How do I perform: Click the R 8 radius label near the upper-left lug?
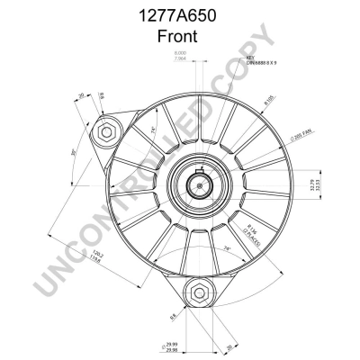pyautogui.click(x=101, y=96)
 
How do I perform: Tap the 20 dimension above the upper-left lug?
pyautogui.click(x=80, y=97)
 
